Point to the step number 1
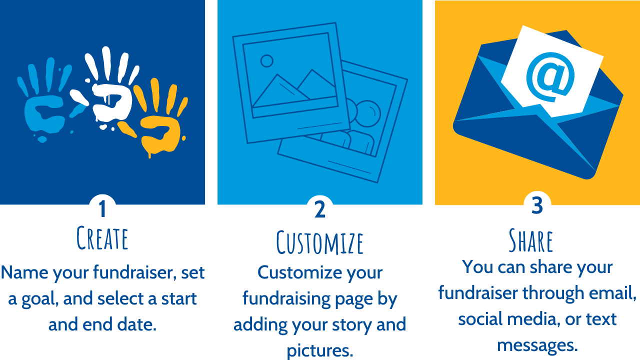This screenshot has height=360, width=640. pyautogui.click(x=102, y=209)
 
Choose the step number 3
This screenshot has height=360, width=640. pyautogui.click(x=537, y=206)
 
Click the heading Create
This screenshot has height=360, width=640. pyautogui.click(x=102, y=238)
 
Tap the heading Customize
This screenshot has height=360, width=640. pyautogui.click(x=320, y=242)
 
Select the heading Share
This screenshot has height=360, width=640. pyautogui.click(x=531, y=240)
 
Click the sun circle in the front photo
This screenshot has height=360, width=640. pyautogui.click(x=267, y=61)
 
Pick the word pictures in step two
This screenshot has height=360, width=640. pyautogui.click(x=320, y=350)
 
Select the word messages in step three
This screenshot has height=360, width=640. pyautogui.click(x=537, y=345)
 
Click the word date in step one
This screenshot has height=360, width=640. pyautogui.click(x=138, y=324)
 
